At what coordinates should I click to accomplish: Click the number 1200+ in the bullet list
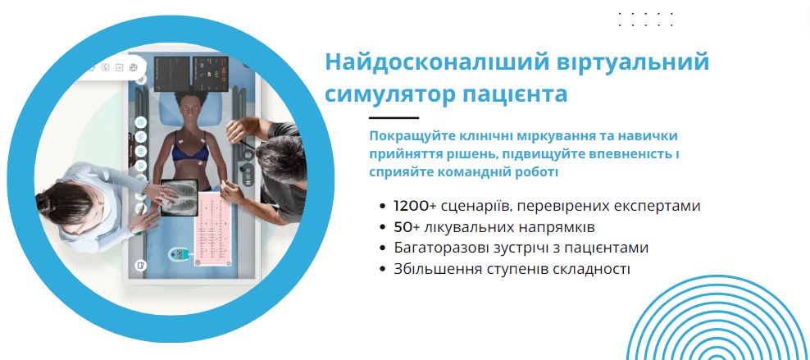pos(415,206)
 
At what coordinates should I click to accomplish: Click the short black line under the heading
pos(394,118)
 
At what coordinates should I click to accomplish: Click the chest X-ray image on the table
pos(179,197)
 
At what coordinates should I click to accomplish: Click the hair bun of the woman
pos(44,198)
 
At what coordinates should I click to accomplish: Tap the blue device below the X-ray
pos(182,254)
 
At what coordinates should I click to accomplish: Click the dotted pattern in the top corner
pos(646,19)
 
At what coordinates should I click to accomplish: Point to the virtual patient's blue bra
pos(190,152)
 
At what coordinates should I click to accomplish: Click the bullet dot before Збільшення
pos(382,269)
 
